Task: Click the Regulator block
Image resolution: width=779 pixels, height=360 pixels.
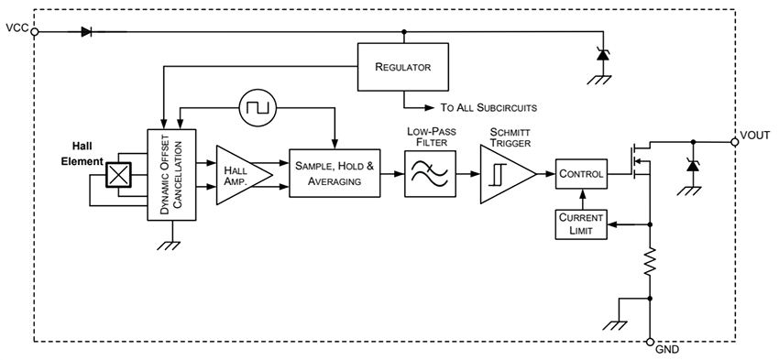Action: click(x=402, y=67)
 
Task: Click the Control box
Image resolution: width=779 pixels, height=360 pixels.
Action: click(x=581, y=173)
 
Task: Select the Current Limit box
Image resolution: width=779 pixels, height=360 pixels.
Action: click(x=581, y=224)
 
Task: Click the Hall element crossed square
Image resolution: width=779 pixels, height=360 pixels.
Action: click(x=119, y=174)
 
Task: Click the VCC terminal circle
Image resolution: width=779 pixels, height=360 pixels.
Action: click(x=35, y=31)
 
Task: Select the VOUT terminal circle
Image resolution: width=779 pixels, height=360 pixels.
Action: click(x=734, y=142)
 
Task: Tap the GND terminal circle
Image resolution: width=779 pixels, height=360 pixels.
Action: click(x=650, y=342)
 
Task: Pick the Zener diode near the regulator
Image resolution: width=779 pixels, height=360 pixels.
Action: click(x=602, y=55)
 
